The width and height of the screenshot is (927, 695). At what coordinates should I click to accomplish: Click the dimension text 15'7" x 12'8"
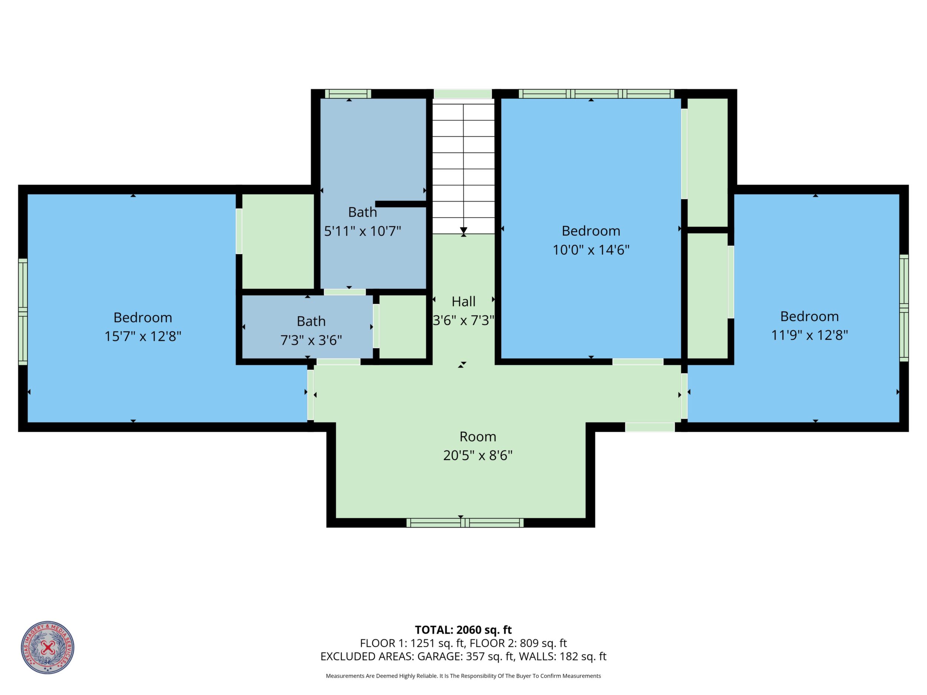tap(143, 336)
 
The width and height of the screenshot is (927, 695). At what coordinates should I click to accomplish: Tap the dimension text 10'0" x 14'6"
tap(591, 250)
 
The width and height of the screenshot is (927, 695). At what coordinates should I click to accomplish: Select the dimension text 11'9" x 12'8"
tap(810, 335)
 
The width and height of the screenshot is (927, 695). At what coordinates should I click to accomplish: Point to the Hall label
tap(463, 301)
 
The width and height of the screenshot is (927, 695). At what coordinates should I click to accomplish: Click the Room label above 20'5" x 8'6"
tap(478, 437)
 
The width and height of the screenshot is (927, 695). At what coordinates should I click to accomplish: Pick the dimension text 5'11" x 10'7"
tap(362, 231)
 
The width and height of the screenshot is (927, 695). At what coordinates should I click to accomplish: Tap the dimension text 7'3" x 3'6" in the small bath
tap(311, 340)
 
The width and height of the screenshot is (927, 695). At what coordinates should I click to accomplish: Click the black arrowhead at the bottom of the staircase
tap(463, 231)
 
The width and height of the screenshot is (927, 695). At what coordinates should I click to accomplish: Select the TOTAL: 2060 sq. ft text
tap(463, 630)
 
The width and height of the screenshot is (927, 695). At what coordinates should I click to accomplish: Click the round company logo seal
tap(48, 647)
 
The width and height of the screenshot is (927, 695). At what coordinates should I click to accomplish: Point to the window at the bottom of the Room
tap(465, 522)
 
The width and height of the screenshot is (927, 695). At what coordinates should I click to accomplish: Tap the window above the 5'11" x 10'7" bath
tap(348, 94)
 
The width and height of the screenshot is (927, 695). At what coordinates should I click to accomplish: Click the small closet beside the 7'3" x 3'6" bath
tap(403, 327)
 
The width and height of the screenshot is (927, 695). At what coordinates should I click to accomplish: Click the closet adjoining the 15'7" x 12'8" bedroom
tap(278, 241)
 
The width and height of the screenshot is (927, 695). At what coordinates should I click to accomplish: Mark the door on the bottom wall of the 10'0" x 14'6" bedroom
tap(638, 362)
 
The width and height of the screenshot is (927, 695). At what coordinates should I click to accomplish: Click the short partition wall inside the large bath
tap(401, 204)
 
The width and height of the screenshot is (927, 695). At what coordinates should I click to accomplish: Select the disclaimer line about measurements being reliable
tap(463, 676)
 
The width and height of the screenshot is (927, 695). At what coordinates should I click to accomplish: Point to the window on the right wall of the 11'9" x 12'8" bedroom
tap(904, 308)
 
